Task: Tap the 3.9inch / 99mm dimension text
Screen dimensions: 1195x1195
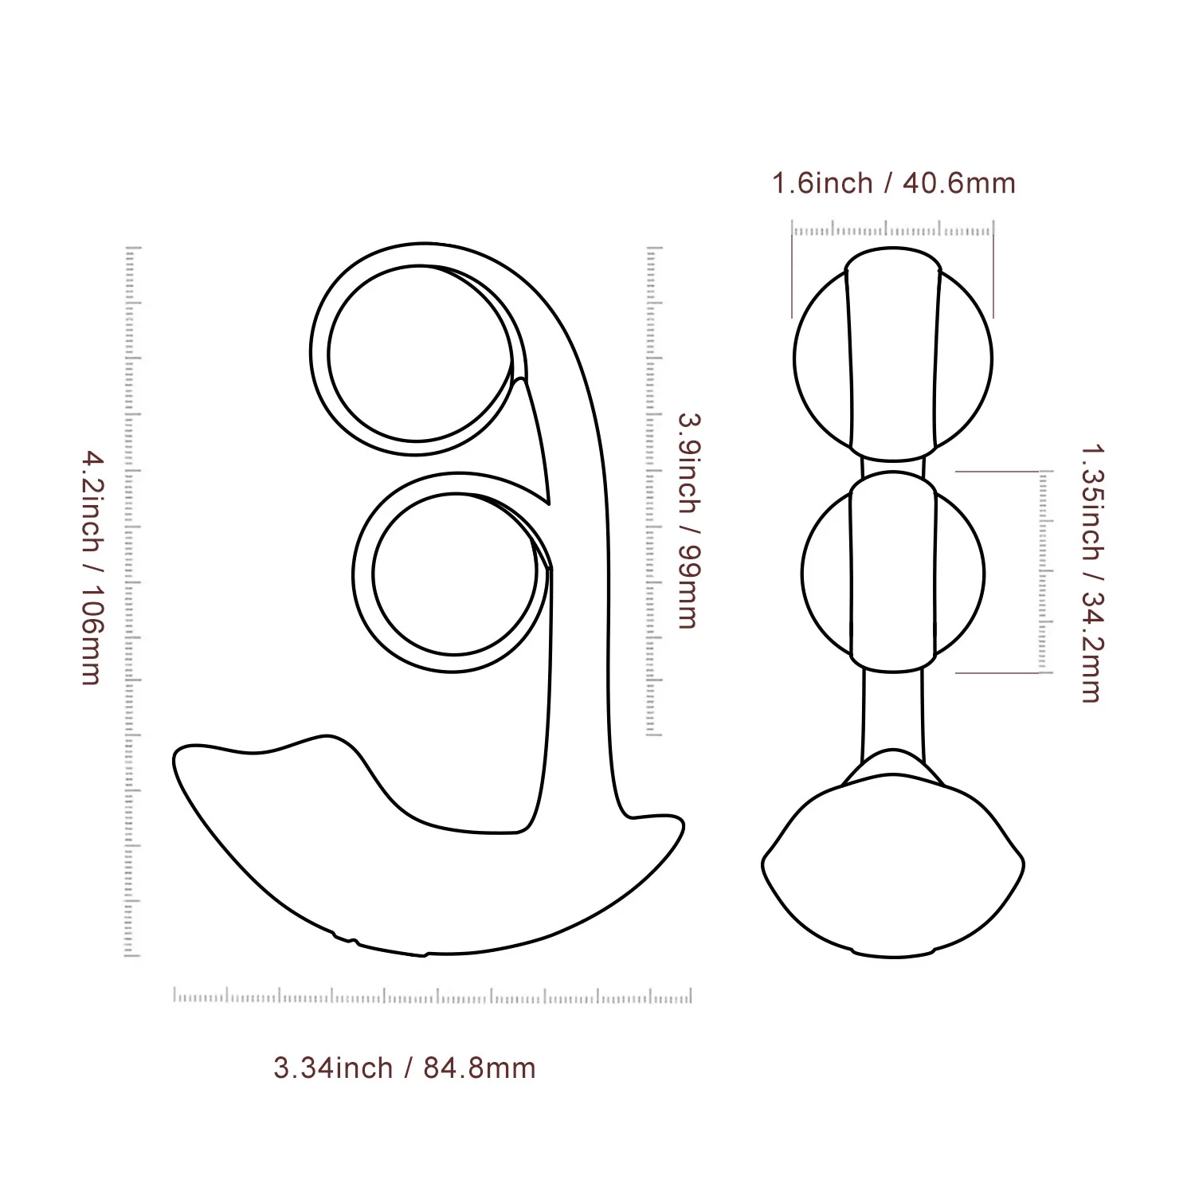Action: pyautogui.click(x=687, y=520)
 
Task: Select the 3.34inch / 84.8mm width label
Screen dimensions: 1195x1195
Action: pyautogui.click(x=404, y=1068)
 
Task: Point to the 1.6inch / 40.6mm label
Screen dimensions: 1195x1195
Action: pyautogui.click(x=893, y=184)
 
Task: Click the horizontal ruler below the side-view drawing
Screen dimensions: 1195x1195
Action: pyautogui.click(x=433, y=996)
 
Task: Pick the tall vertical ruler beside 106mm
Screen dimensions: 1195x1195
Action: pyautogui.click(x=132, y=601)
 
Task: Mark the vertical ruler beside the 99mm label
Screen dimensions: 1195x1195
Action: pyautogui.click(x=653, y=491)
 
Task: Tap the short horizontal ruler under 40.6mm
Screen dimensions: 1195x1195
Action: pyautogui.click(x=893, y=231)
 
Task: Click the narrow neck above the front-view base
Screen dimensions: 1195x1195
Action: pyautogui.click(x=893, y=709)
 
